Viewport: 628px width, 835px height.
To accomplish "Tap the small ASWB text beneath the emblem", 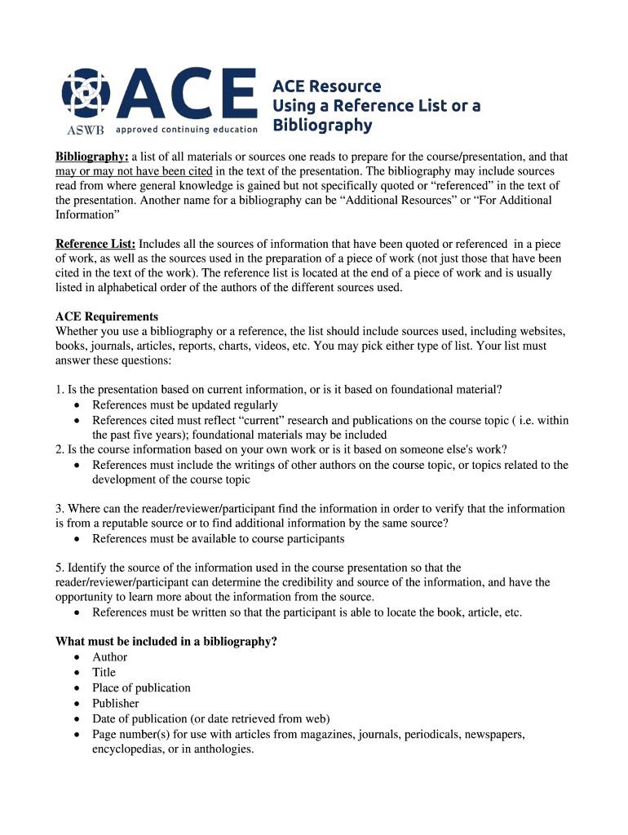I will (x=84, y=129).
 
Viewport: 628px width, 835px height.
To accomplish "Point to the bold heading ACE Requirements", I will (x=107, y=316).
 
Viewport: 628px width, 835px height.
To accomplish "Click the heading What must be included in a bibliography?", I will (x=166, y=642).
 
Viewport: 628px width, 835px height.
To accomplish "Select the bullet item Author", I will (x=110, y=657).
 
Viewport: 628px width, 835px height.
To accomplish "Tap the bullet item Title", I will (x=104, y=673).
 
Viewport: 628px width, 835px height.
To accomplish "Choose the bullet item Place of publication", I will (x=141, y=688).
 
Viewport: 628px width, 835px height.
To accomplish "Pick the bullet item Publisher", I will (x=116, y=704).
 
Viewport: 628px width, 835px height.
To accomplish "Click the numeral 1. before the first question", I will (x=60, y=390).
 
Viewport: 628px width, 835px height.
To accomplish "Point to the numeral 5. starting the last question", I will (x=60, y=568).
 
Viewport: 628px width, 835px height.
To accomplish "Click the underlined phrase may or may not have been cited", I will (x=134, y=171).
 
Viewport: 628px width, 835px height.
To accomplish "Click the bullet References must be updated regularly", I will (x=185, y=405).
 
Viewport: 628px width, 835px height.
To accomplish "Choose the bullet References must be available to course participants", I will (x=219, y=539).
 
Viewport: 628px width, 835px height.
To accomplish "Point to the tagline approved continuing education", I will (x=187, y=129).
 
